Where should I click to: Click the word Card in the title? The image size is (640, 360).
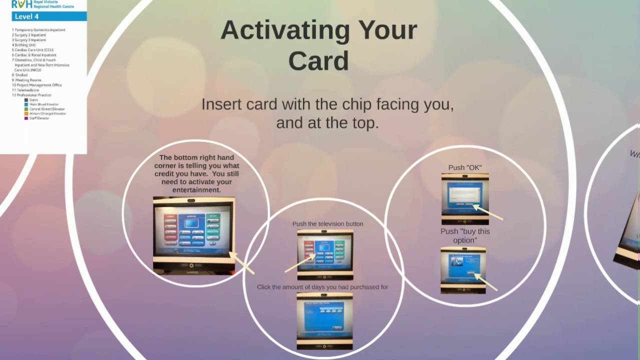point(318,61)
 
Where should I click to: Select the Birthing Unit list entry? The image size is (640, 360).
point(25,45)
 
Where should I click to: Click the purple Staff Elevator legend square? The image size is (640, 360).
point(26,118)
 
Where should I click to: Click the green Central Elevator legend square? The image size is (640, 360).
point(26,109)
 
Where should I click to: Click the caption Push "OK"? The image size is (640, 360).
point(465,168)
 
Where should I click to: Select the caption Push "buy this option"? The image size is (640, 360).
point(465,236)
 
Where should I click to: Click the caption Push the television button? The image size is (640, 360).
point(327,224)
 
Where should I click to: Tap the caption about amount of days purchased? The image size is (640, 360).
point(322,287)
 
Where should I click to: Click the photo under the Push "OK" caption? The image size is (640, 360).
point(465,198)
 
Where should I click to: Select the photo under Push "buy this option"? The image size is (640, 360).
point(463,269)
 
